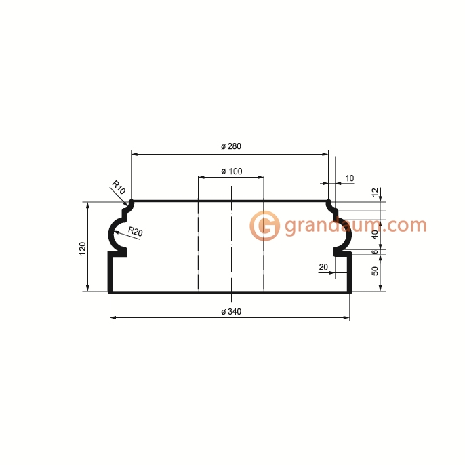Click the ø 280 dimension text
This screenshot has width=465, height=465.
(231, 146)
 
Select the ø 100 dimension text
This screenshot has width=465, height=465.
(231, 171)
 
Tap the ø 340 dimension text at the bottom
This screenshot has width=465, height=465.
(231, 311)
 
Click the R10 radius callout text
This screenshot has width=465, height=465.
(119, 188)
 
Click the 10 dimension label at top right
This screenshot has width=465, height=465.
(349, 178)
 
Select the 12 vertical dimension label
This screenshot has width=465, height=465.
(374, 192)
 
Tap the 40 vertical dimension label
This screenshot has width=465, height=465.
(374, 235)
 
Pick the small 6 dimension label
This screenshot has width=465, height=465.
(374, 251)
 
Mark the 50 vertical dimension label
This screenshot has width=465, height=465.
(374, 272)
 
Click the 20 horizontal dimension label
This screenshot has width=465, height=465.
(323, 267)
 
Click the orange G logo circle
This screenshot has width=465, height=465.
(264, 225)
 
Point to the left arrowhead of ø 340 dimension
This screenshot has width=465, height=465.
(113, 317)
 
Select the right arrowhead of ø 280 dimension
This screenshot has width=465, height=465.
(325, 154)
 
